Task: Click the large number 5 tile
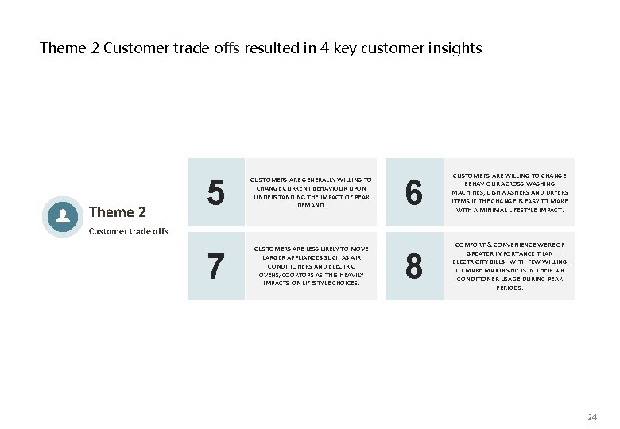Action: [215, 192]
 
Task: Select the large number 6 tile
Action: [413, 192]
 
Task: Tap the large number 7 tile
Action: [215, 266]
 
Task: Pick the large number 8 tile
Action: [413, 266]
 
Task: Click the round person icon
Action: [62, 217]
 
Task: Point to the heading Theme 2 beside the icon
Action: [117, 211]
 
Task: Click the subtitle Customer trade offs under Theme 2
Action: [128, 231]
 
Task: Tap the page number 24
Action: [591, 416]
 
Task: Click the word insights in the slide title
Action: [455, 48]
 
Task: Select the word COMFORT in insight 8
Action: [469, 245]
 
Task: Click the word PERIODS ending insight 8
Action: [509, 288]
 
